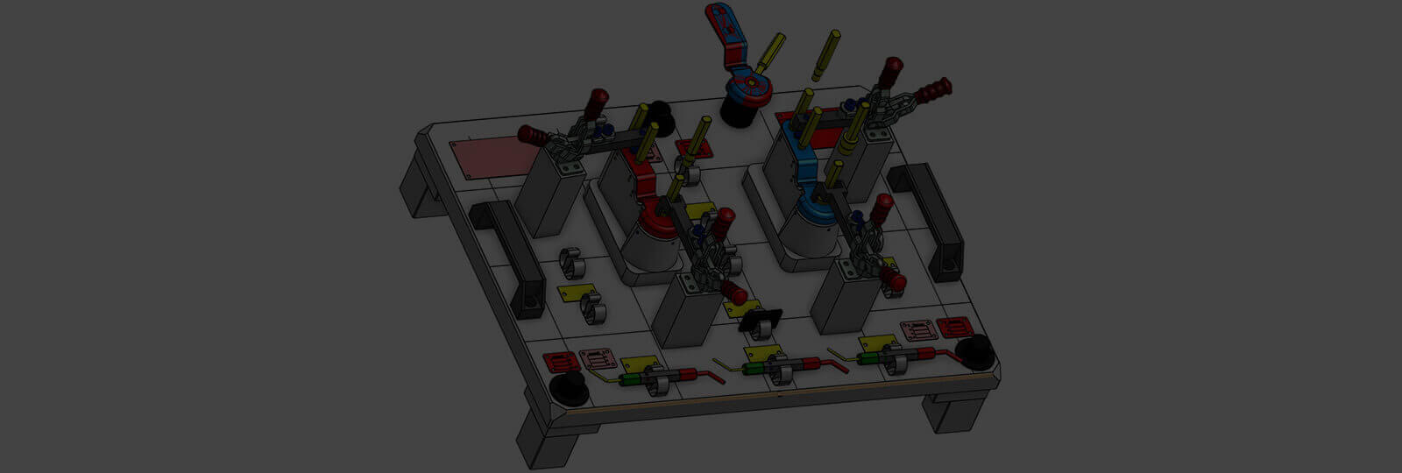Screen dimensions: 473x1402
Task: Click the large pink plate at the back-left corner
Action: coord(492,158)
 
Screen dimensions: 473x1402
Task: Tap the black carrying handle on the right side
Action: coord(927,219)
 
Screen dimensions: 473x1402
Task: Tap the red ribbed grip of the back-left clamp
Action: coord(532,135)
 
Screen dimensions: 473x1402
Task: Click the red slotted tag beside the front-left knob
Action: coord(559,361)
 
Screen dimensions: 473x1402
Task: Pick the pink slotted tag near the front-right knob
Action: coord(953,328)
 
